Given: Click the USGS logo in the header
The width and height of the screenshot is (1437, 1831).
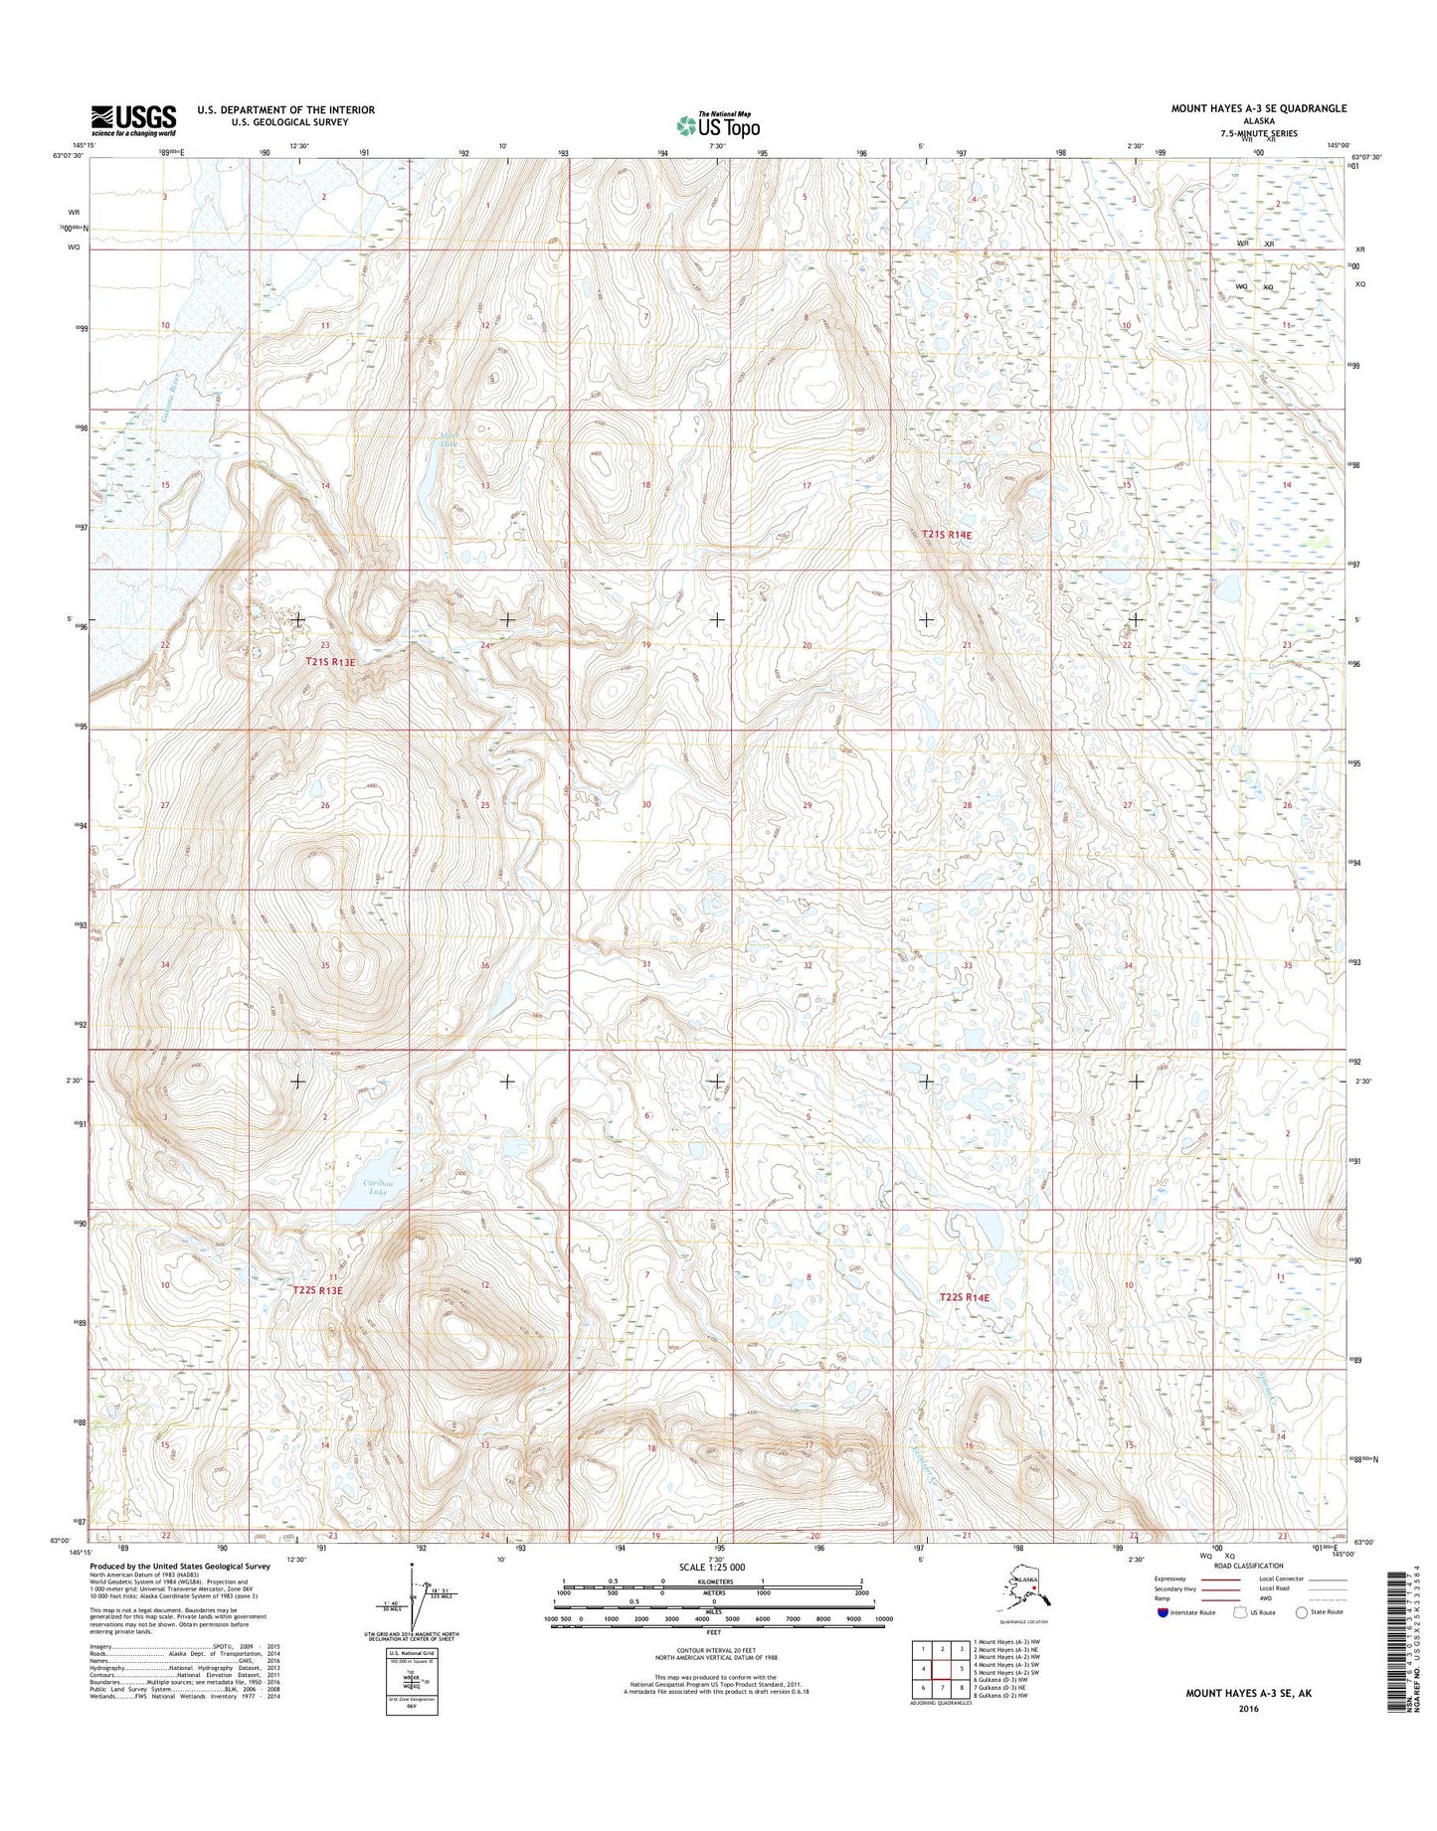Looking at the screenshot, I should pos(133,120).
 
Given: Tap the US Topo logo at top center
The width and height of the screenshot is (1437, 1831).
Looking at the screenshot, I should pos(718,125).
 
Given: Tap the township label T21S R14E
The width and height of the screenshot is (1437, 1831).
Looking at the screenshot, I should pos(946,535).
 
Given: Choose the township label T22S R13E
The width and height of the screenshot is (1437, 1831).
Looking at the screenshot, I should pos(317,1290).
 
